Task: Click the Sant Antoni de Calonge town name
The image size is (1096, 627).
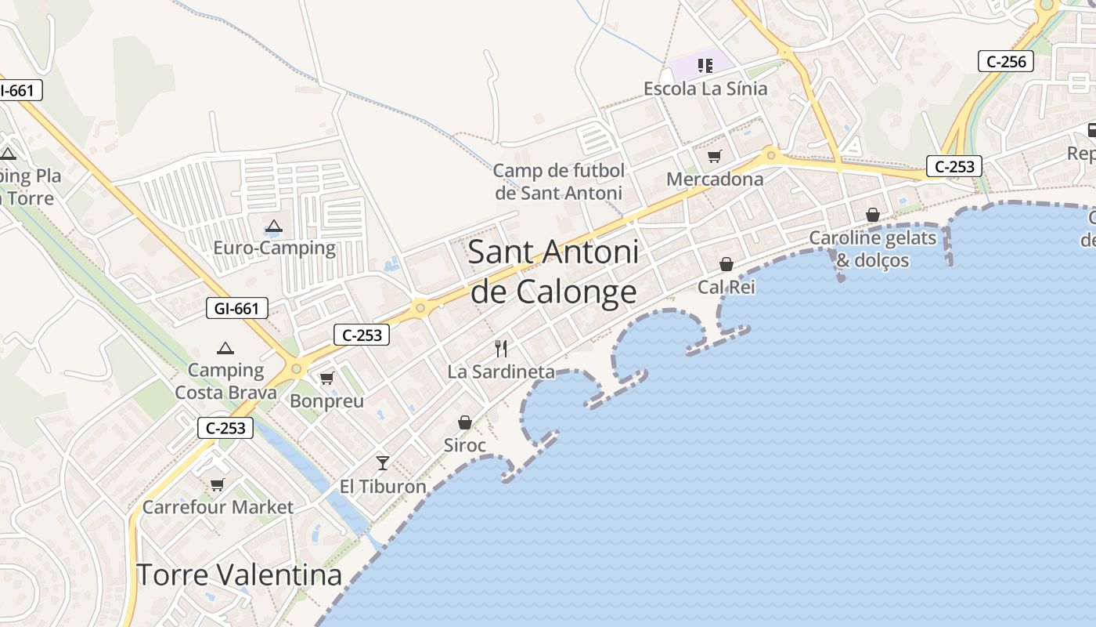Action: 553,272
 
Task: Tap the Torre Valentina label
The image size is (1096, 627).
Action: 240,574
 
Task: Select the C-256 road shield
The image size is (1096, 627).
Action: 1006,61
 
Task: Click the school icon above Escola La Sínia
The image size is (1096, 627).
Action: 705,66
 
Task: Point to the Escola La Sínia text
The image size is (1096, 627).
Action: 705,89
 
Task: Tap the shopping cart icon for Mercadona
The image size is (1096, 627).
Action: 714,157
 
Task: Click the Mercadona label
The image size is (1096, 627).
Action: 715,179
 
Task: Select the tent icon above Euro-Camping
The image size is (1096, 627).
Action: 273,227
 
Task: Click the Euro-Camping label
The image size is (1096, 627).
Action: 275,248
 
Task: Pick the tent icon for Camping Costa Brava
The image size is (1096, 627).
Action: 225,348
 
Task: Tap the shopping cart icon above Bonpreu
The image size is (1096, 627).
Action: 327,379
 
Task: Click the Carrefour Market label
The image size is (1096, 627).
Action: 218,507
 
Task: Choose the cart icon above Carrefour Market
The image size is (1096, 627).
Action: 218,484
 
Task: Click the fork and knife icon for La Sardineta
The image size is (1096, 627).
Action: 501,349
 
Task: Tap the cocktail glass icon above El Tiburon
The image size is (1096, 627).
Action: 383,463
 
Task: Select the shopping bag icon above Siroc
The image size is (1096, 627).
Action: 465,423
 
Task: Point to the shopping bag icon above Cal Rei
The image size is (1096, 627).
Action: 726,264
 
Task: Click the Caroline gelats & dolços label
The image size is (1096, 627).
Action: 873,248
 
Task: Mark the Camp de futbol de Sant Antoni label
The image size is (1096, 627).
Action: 559,182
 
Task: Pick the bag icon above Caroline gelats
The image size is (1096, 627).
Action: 873,215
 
